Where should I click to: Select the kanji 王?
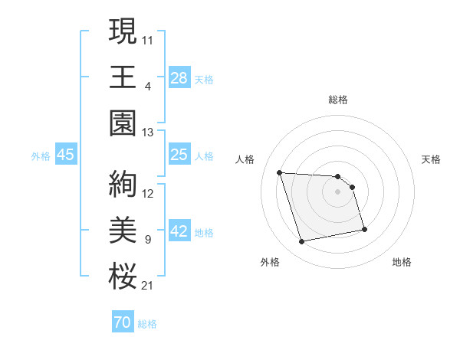click(x=123, y=77)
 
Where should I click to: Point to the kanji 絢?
click(x=123, y=184)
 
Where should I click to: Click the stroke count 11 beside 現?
click(x=148, y=38)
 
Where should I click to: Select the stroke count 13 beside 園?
click(x=148, y=133)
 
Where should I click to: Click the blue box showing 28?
click(x=179, y=77)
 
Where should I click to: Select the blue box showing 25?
click(x=179, y=155)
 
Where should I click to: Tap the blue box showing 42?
click(x=179, y=232)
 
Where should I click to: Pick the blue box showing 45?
click(x=66, y=155)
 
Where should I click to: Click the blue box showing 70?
click(x=122, y=322)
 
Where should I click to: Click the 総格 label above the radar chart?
click(x=338, y=100)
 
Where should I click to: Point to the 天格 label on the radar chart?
click(x=431, y=159)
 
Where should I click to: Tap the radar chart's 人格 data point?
click(x=279, y=172)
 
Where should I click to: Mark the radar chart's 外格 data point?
click(x=302, y=242)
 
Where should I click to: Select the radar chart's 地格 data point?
click(x=364, y=228)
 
